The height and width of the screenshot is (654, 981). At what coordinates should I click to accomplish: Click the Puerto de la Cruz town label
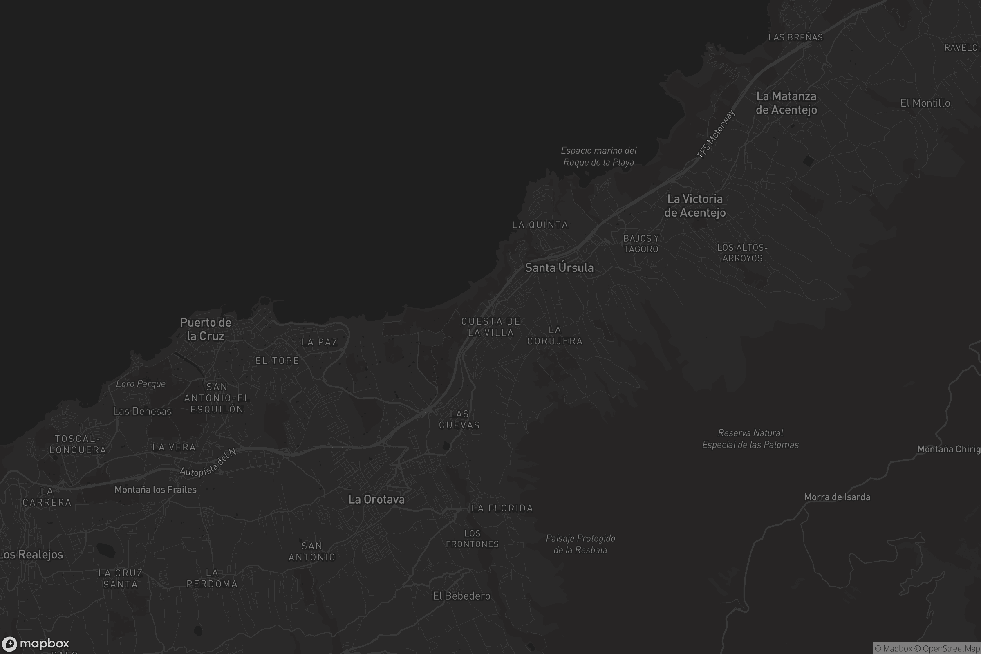(x=206, y=329)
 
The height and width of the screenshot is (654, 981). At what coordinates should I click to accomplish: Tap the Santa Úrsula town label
(x=559, y=268)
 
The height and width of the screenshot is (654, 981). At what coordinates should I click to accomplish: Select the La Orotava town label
(x=376, y=499)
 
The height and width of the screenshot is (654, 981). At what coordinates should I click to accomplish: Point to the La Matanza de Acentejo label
(x=786, y=103)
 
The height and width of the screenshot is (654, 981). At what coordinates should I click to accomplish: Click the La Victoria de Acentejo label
(x=695, y=206)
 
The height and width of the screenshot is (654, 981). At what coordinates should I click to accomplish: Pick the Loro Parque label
(x=141, y=384)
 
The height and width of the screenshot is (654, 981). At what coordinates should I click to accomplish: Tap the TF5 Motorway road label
(x=715, y=134)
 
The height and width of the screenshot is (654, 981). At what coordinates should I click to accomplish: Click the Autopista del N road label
(x=208, y=463)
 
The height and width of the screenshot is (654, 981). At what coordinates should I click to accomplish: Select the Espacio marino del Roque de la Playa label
(x=598, y=157)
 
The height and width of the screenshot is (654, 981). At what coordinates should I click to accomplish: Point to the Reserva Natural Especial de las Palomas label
(x=750, y=439)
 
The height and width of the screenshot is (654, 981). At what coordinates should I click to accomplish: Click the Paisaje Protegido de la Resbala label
(x=580, y=544)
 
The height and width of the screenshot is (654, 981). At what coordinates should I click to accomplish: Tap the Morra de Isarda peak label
(x=837, y=497)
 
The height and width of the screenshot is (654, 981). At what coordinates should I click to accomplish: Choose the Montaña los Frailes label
(x=155, y=490)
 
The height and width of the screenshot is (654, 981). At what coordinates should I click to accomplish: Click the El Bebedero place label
(x=461, y=596)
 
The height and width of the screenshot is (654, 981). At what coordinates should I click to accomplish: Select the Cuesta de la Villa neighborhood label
(x=491, y=327)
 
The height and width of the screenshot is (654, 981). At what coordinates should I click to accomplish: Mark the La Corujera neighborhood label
(x=555, y=336)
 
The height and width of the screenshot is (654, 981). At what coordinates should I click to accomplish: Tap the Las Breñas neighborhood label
(x=795, y=38)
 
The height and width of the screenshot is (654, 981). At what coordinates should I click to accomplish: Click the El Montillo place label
(x=925, y=103)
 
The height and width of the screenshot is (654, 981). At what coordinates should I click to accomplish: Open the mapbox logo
(x=35, y=643)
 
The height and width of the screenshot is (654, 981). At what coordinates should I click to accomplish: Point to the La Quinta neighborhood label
(x=540, y=225)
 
